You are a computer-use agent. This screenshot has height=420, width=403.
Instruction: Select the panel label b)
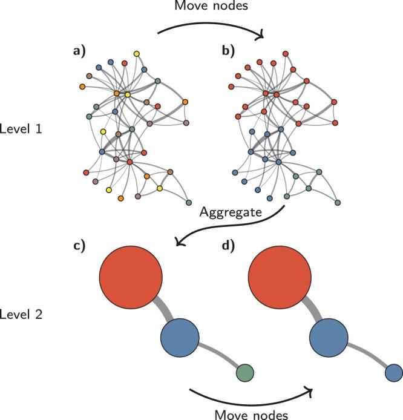tap(229, 52)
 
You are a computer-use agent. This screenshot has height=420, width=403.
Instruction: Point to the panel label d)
tap(229, 248)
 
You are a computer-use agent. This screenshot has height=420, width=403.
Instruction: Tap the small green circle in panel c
tap(244, 372)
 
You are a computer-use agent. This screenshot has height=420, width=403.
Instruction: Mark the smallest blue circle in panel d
tap(393, 372)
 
